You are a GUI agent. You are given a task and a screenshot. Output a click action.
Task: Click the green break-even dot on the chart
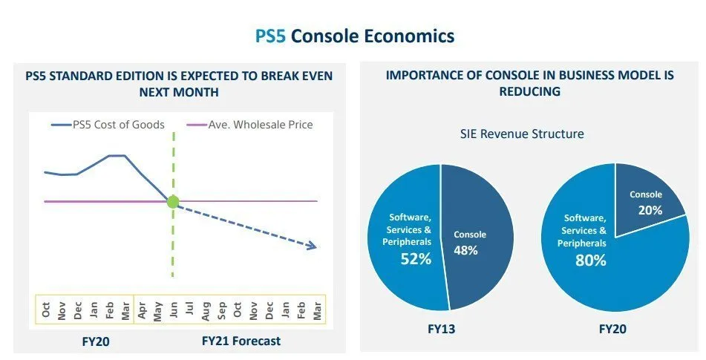(x=173, y=201)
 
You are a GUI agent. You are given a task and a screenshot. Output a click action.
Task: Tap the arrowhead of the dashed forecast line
(x=314, y=246)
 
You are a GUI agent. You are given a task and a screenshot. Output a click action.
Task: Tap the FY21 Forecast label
(x=241, y=341)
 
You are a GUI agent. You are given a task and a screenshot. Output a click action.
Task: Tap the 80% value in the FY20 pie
(x=591, y=261)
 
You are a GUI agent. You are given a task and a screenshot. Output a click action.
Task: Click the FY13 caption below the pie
(x=441, y=328)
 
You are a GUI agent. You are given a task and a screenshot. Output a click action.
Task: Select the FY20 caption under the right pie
(x=614, y=328)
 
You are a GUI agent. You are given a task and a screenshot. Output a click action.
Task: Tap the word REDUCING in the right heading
(x=529, y=91)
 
